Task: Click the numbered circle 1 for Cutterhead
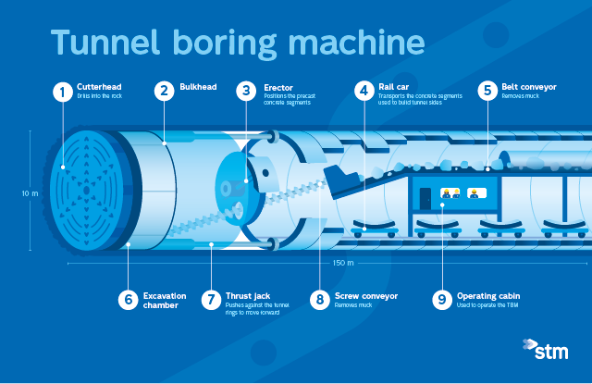click(x=62, y=91)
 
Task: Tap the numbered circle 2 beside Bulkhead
click(x=164, y=91)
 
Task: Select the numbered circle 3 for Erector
click(x=246, y=91)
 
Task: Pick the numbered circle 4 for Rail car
click(x=364, y=91)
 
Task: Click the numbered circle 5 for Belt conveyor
click(x=487, y=91)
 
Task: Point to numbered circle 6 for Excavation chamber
click(x=128, y=300)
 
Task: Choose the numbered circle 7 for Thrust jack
click(x=211, y=300)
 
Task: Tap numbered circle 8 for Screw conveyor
click(x=320, y=300)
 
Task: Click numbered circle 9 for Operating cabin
click(x=442, y=300)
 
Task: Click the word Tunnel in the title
click(x=103, y=43)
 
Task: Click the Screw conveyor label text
click(x=366, y=296)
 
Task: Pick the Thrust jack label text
click(x=247, y=296)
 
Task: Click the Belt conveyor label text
click(x=529, y=86)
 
